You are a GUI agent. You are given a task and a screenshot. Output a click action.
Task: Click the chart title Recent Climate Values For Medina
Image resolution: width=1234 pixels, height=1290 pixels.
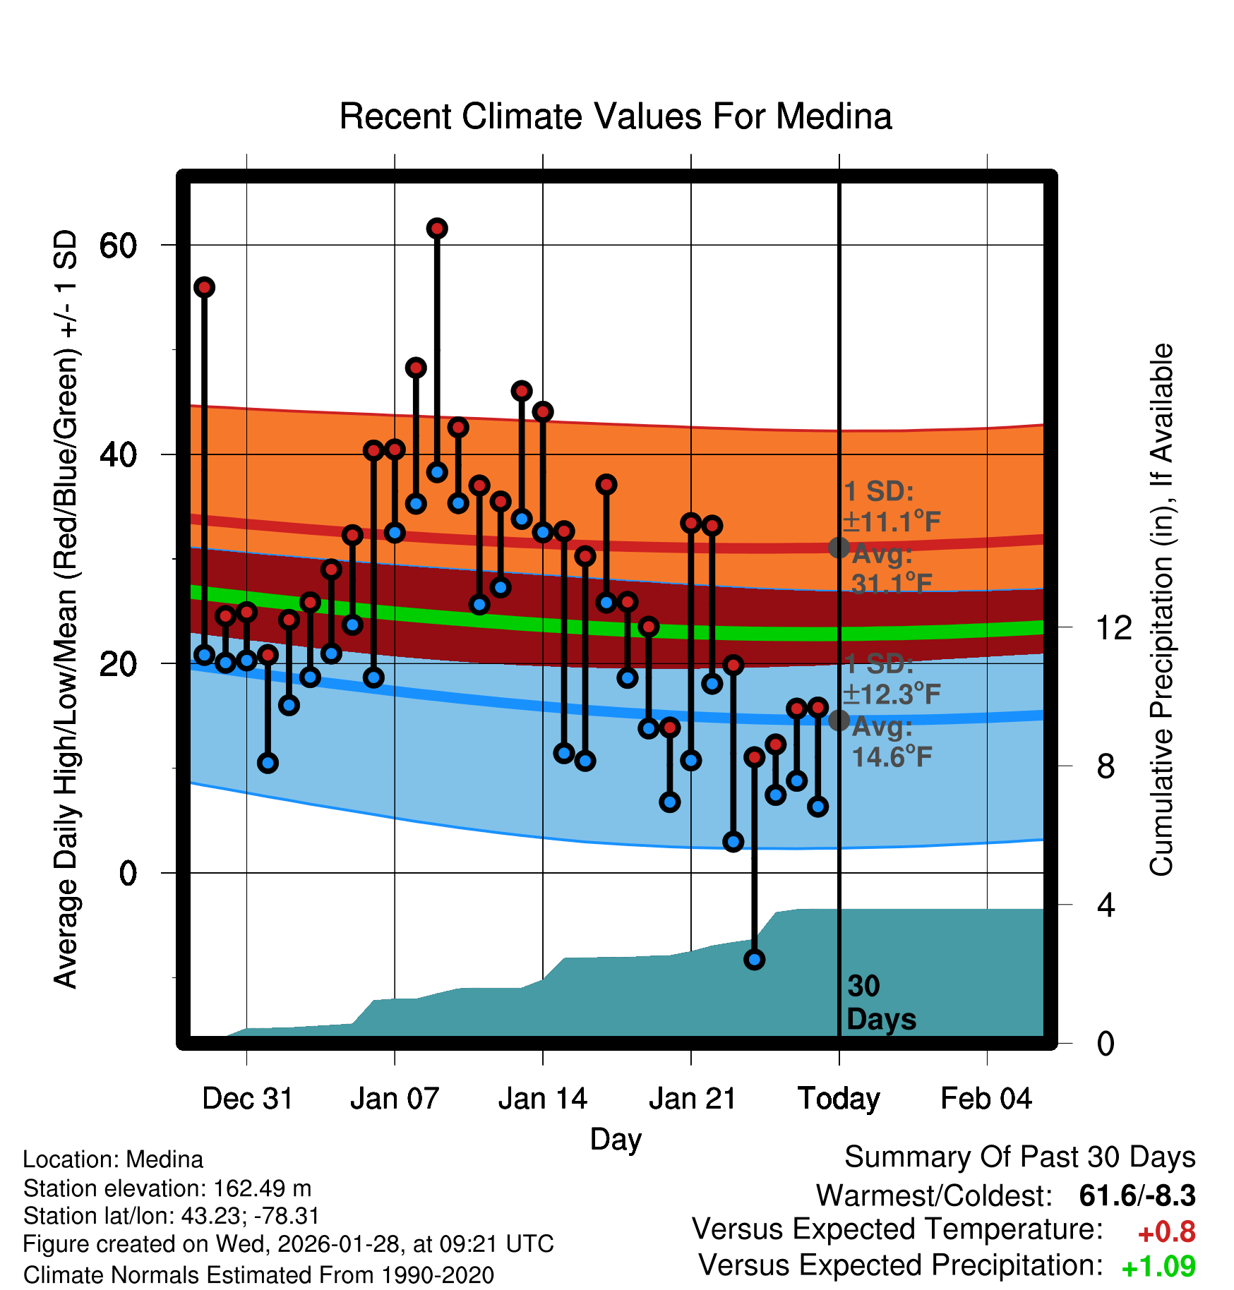point(616,116)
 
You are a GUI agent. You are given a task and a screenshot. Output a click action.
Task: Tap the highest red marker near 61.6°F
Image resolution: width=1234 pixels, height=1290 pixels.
point(437,229)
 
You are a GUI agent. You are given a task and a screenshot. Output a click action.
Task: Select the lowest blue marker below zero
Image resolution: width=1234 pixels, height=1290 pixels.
point(754,960)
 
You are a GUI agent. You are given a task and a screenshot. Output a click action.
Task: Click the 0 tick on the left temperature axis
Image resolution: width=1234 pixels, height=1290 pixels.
point(128,874)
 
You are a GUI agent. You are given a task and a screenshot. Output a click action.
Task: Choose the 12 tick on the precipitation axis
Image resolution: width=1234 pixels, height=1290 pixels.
point(1113,627)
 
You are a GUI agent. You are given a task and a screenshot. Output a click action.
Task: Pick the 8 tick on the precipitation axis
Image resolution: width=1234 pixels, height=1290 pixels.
point(1106,766)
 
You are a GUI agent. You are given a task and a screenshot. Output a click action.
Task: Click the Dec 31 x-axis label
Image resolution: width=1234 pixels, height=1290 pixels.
point(247,1099)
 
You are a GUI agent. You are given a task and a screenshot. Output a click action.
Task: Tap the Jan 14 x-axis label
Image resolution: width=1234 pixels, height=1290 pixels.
point(542,1099)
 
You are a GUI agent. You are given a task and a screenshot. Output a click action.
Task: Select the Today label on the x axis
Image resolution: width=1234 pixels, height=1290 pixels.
point(839,1099)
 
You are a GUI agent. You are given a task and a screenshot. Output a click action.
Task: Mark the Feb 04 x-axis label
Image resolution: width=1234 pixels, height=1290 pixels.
point(986,1099)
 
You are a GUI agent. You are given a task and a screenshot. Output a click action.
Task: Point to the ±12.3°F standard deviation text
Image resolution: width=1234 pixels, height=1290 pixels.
point(892,694)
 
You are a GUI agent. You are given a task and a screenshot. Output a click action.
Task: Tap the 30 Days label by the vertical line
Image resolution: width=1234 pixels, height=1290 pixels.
point(880,1003)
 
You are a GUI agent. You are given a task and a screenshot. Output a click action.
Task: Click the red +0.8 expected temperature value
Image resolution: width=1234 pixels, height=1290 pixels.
point(1166,1232)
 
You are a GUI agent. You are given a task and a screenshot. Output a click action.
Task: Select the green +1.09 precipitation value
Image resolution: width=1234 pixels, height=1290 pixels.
point(1158,1267)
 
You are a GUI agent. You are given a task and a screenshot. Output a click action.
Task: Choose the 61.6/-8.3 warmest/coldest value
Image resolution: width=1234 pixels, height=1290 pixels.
point(1137,1195)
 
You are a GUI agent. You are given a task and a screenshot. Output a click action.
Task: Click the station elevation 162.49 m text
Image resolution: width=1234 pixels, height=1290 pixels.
point(167,1188)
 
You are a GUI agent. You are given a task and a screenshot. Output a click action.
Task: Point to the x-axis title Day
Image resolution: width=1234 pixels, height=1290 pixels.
point(616,1139)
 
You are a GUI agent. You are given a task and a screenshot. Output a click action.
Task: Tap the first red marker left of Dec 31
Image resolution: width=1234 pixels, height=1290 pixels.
point(205,287)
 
